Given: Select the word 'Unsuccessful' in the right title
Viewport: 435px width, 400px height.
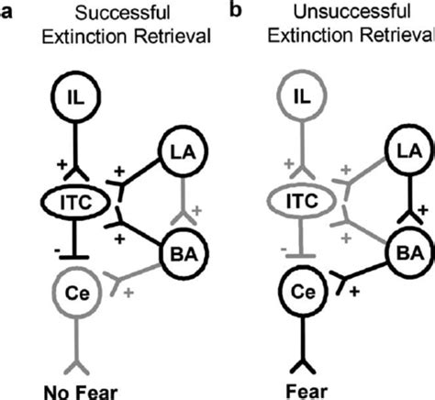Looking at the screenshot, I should [x=351, y=12].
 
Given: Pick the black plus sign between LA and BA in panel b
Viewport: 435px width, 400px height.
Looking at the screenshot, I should [x=421, y=212].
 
